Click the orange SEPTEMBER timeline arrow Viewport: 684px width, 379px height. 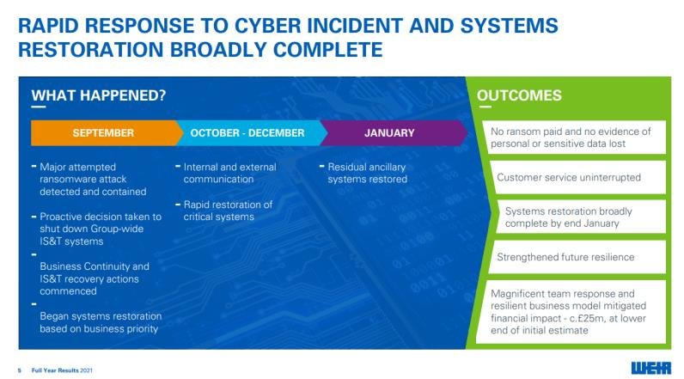(x=103, y=133)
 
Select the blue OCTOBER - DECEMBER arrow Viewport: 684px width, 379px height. (x=247, y=133)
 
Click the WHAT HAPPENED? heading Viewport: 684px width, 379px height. (x=99, y=95)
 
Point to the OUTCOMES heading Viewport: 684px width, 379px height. (x=519, y=95)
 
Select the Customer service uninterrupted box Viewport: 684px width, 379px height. (x=569, y=178)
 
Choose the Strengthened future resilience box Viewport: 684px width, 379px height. (x=565, y=257)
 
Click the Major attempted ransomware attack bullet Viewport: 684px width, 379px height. (x=93, y=179)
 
